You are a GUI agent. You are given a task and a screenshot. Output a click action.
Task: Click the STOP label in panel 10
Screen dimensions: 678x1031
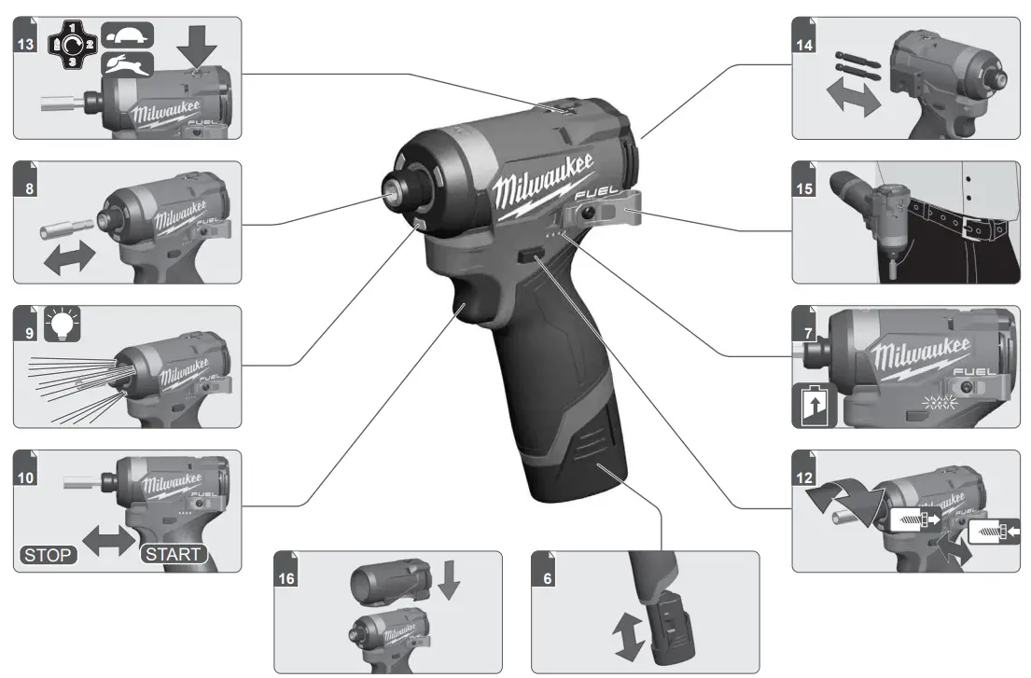click(x=47, y=555)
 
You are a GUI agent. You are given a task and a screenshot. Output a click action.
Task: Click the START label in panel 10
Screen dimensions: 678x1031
click(x=173, y=555)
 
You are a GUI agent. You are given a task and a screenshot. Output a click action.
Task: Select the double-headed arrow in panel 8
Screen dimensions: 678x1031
click(x=70, y=256)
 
